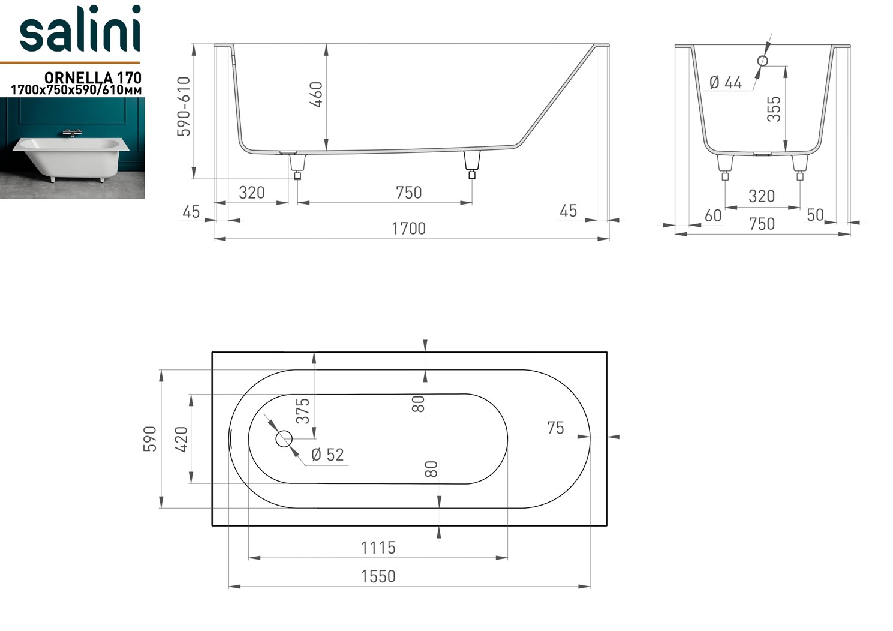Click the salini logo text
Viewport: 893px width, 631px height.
(x=80, y=29)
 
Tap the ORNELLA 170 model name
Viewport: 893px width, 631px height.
(x=92, y=77)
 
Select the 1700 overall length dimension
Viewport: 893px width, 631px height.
(x=408, y=229)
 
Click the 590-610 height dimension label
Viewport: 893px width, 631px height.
(x=184, y=106)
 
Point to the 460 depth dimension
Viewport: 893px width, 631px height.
(x=316, y=95)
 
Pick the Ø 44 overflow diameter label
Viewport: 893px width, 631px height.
(x=726, y=83)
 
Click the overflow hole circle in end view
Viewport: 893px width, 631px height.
(x=763, y=61)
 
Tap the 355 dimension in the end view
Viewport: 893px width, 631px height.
(x=774, y=109)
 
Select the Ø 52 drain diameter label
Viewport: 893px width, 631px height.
(x=327, y=455)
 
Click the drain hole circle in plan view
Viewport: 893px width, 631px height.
(x=284, y=439)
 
